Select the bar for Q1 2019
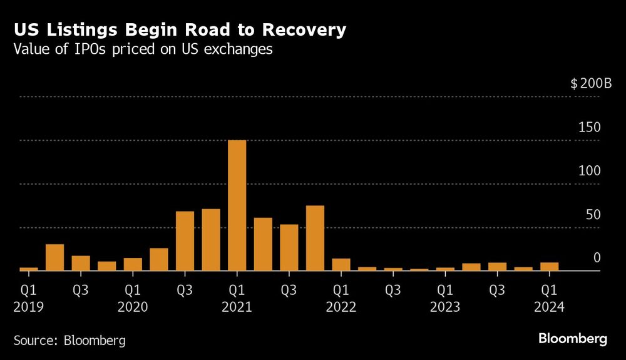[29, 269]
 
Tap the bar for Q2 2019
[55, 257]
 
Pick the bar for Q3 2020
[185, 241]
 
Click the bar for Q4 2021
[315, 238]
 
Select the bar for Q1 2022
[341, 265]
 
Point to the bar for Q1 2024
[549, 267]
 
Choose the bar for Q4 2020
[211, 240]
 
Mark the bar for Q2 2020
[159, 259]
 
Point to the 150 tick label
[589, 128]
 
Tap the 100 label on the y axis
[589, 171]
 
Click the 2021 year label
[237, 307]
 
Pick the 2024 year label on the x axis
[549, 307]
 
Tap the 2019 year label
[29, 307]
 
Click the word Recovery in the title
[302, 30]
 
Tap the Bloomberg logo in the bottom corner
[573, 339]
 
